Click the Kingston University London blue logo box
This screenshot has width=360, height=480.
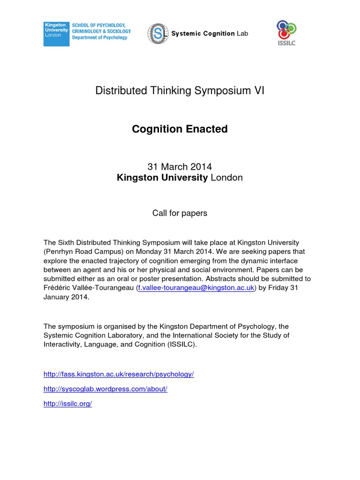pos(56,34)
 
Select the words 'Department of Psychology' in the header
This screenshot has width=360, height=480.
pos(99,37)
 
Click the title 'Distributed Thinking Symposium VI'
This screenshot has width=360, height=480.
pos(180,91)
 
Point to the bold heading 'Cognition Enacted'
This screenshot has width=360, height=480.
pos(180,129)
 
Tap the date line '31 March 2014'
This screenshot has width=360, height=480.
pos(180,166)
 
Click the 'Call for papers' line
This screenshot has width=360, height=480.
pos(180,213)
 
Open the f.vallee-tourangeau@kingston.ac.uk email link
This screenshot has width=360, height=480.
pos(195,287)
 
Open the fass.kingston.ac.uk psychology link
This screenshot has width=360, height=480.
pos(119,374)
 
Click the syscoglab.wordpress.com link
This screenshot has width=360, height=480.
pos(105,389)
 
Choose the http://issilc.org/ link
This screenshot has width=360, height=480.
pos(67,404)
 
